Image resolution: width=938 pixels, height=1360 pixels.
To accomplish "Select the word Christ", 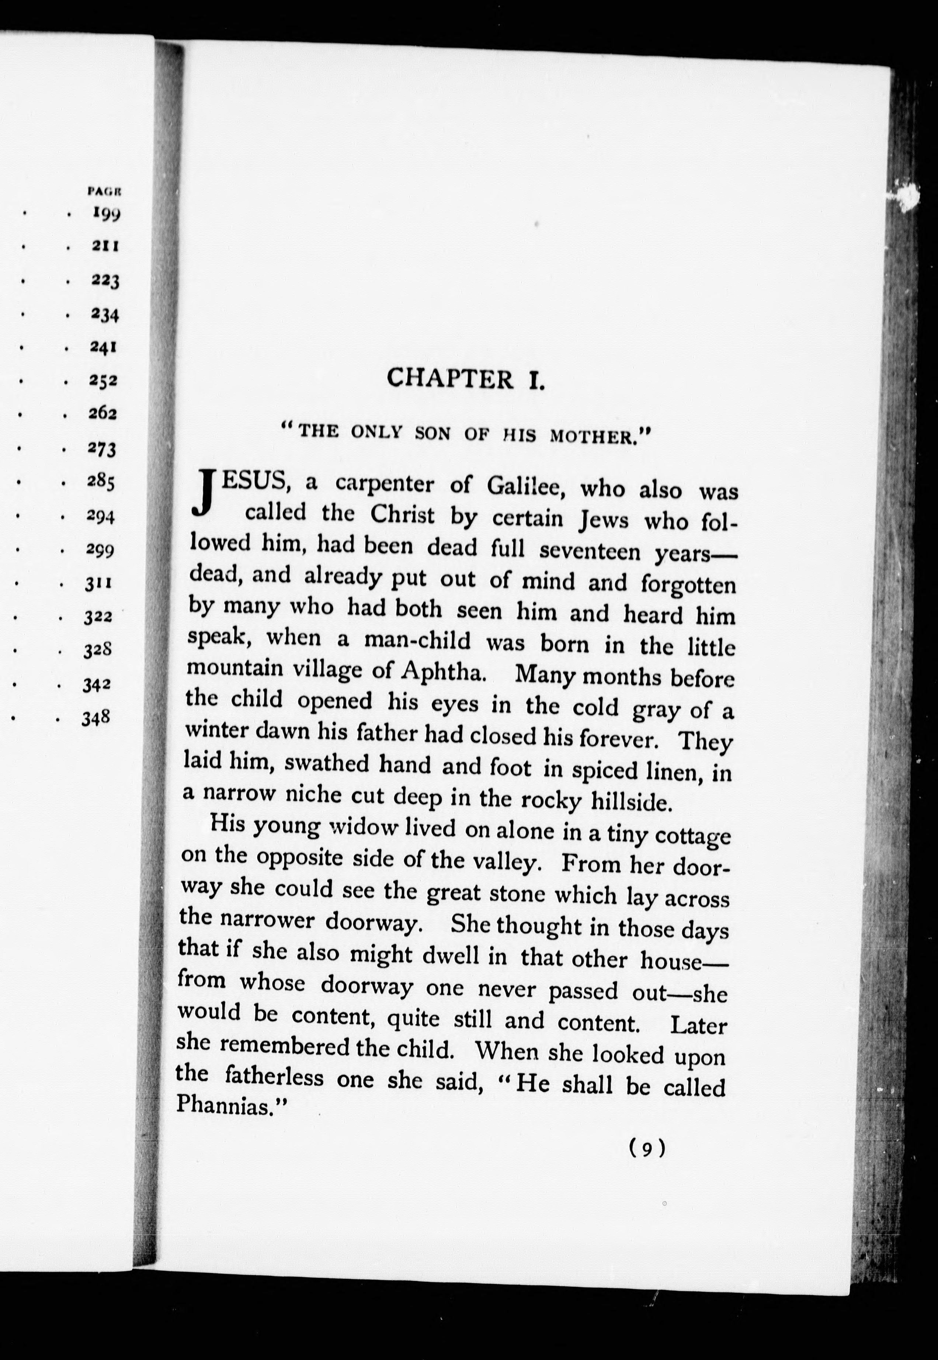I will click(x=403, y=514).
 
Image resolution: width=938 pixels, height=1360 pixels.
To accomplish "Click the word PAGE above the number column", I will click(x=104, y=190).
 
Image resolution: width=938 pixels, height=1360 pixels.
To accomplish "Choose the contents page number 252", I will click(x=104, y=381).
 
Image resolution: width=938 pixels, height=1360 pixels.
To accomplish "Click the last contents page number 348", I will click(x=96, y=718).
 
